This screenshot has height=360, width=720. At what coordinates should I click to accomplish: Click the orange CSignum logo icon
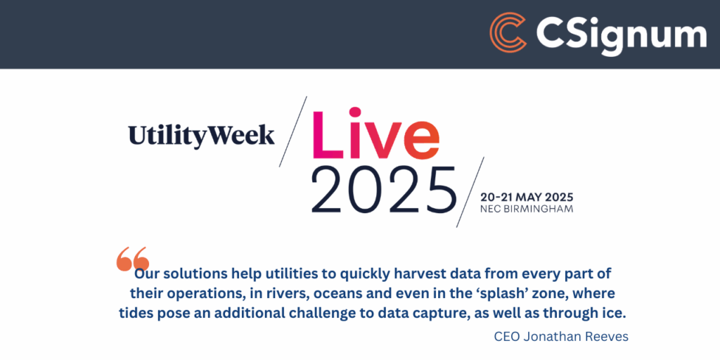(x=508, y=32)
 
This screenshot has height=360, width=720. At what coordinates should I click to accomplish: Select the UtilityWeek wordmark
(x=202, y=136)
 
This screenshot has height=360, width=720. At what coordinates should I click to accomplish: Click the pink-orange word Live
(x=375, y=134)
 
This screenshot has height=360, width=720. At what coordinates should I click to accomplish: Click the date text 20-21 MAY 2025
(x=527, y=198)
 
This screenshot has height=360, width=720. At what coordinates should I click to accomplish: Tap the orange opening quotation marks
(x=133, y=259)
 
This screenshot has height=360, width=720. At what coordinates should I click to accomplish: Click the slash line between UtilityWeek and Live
(x=293, y=131)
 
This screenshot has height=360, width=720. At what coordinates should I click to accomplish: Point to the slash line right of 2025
(x=470, y=192)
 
